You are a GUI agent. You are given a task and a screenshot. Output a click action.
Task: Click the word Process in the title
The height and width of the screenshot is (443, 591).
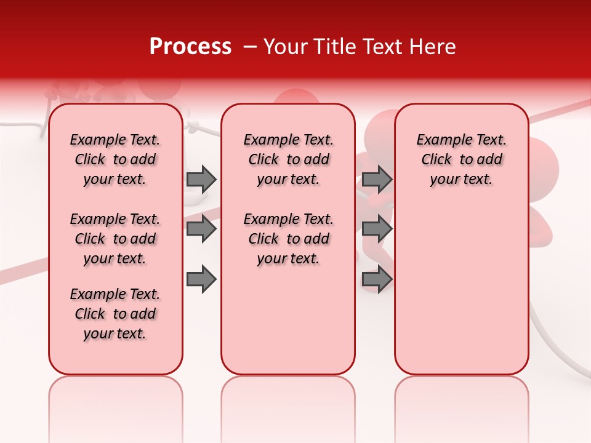[x=190, y=47]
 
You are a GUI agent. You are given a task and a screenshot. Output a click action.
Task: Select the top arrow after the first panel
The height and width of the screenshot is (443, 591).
[x=201, y=179]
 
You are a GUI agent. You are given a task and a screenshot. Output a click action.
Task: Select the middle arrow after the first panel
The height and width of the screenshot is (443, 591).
[x=201, y=229]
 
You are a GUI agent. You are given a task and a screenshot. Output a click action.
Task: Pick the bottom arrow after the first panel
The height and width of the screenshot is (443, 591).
[x=201, y=279]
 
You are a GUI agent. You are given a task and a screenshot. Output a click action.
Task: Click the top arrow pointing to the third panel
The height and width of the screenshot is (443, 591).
[x=377, y=179]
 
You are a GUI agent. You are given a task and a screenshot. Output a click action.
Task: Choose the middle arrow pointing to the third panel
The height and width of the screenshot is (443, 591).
[x=377, y=229]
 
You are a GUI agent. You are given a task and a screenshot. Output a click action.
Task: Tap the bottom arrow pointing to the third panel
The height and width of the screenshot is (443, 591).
[x=377, y=279]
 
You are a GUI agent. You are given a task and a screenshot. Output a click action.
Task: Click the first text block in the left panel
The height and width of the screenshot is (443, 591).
[x=115, y=159]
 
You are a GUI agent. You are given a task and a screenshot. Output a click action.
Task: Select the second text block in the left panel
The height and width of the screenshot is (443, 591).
[x=115, y=239]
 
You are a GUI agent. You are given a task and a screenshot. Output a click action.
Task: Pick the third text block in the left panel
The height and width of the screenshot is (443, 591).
[x=115, y=314]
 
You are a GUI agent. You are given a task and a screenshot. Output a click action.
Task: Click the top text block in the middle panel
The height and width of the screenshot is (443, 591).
[x=288, y=159]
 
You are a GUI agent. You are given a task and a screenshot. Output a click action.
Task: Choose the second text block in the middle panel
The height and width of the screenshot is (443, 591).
[x=288, y=239]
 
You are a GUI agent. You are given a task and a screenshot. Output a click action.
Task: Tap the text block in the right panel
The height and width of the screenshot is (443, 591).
[x=461, y=159]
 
